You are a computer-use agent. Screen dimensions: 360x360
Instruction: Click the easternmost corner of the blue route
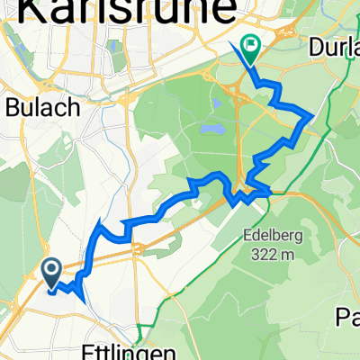(x=312, y=116)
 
